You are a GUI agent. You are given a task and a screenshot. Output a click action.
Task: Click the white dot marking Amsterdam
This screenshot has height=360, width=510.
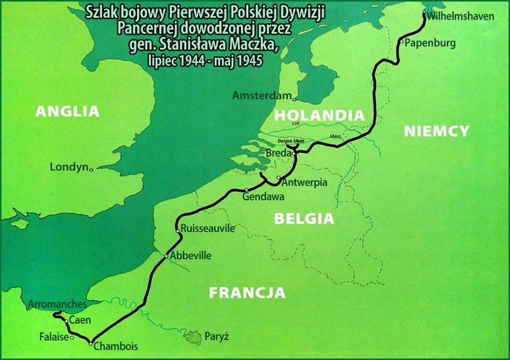click(x=294, y=99)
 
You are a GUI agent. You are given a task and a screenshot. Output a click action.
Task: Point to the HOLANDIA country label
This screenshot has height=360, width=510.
click(x=319, y=115)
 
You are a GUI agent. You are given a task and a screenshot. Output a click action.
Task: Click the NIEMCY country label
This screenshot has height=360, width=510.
click(x=437, y=131)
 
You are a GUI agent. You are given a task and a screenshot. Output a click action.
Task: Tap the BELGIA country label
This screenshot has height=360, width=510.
click(x=303, y=219)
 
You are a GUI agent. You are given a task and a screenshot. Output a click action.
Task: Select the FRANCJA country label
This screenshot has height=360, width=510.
click(x=246, y=293)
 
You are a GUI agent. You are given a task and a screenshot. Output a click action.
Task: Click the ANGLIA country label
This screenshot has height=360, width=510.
click(x=68, y=111)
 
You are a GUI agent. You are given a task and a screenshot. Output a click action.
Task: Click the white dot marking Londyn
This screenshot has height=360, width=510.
click(x=92, y=169)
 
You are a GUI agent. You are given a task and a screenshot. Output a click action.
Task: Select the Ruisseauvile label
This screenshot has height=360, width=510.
click(x=208, y=227)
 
